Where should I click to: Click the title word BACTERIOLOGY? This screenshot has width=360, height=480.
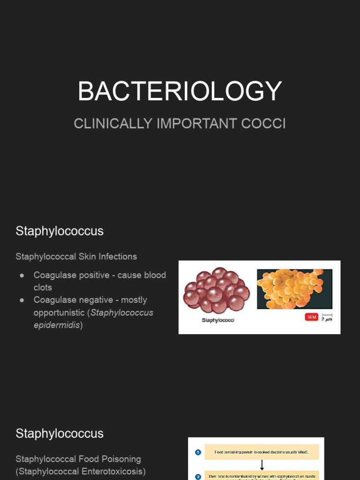click(x=180, y=91)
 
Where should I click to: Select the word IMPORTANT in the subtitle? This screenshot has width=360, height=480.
click(x=196, y=124)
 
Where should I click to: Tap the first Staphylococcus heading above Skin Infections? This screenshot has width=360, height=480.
click(x=60, y=231)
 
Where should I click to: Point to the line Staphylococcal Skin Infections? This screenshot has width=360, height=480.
click(x=76, y=256)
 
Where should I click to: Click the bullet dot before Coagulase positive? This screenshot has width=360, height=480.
click(x=22, y=275)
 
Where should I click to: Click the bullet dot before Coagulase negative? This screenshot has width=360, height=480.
click(x=22, y=300)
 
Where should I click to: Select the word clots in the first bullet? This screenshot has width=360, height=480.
click(x=43, y=287)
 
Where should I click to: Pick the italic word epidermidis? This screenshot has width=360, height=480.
click(x=57, y=325)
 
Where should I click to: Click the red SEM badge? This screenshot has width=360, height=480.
click(x=311, y=317)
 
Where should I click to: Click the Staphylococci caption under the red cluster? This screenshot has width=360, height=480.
click(x=217, y=320)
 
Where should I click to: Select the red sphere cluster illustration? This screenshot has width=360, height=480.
click(x=216, y=290)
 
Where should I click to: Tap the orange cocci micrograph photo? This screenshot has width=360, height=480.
click(x=294, y=289)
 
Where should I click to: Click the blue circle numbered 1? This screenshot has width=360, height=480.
click(x=198, y=452)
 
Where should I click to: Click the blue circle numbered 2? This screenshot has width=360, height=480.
click(x=198, y=477)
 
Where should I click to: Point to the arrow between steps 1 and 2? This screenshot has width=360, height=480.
click(x=262, y=465)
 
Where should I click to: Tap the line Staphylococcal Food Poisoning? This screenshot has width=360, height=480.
click(x=78, y=459)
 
